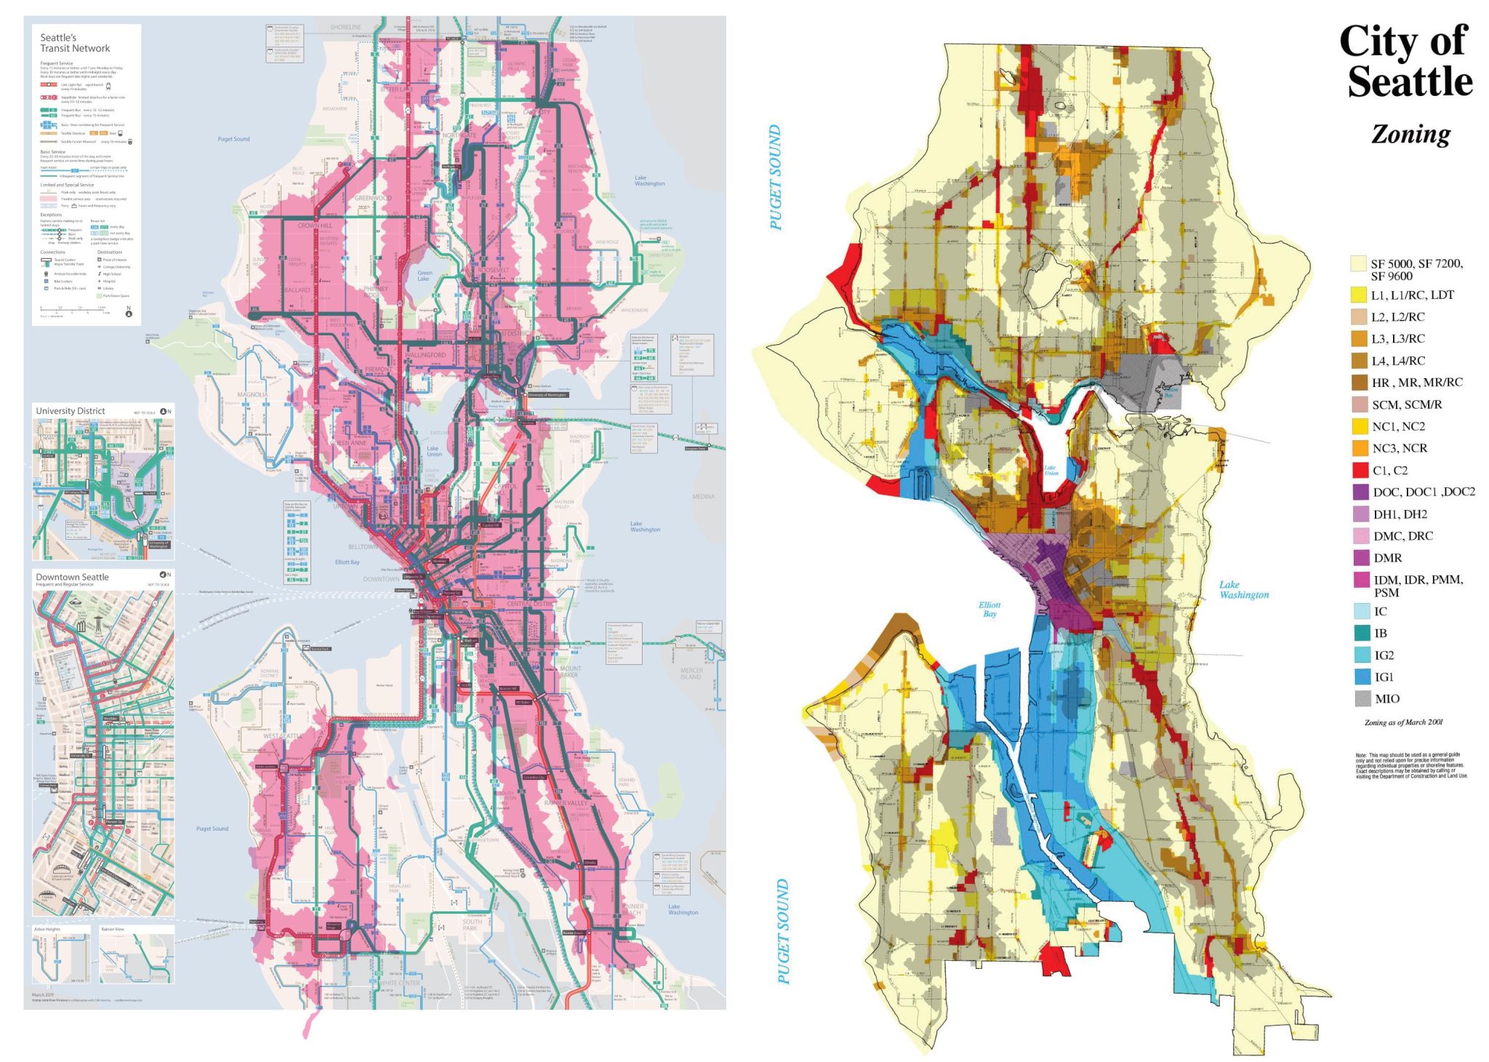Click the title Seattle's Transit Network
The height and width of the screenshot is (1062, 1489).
point(74,43)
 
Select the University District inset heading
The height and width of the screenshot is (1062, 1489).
point(71,411)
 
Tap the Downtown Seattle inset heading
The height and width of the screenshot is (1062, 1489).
point(72,577)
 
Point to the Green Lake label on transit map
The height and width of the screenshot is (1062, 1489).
point(424,276)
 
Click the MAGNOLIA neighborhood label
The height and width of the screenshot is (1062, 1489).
point(252,395)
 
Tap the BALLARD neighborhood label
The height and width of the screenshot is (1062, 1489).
point(297,290)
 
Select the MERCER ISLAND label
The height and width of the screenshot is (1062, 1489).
point(691,674)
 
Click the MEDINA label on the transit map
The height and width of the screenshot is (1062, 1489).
point(703,497)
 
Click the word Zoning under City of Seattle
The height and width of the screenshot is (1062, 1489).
point(1410,135)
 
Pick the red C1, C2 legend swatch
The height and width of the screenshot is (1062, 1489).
point(1360,470)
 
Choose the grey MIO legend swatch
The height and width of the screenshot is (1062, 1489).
point(1362,698)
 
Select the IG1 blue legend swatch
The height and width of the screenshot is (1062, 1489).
point(1362,676)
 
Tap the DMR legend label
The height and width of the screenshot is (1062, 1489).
point(1387,558)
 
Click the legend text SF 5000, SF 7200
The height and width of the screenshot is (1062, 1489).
point(1416,263)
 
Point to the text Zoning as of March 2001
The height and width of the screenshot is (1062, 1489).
point(1402,722)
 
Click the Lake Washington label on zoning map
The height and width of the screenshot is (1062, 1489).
point(1243,590)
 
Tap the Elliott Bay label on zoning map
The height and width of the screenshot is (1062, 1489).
point(989,610)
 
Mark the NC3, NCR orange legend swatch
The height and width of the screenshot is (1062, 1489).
point(1360,448)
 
